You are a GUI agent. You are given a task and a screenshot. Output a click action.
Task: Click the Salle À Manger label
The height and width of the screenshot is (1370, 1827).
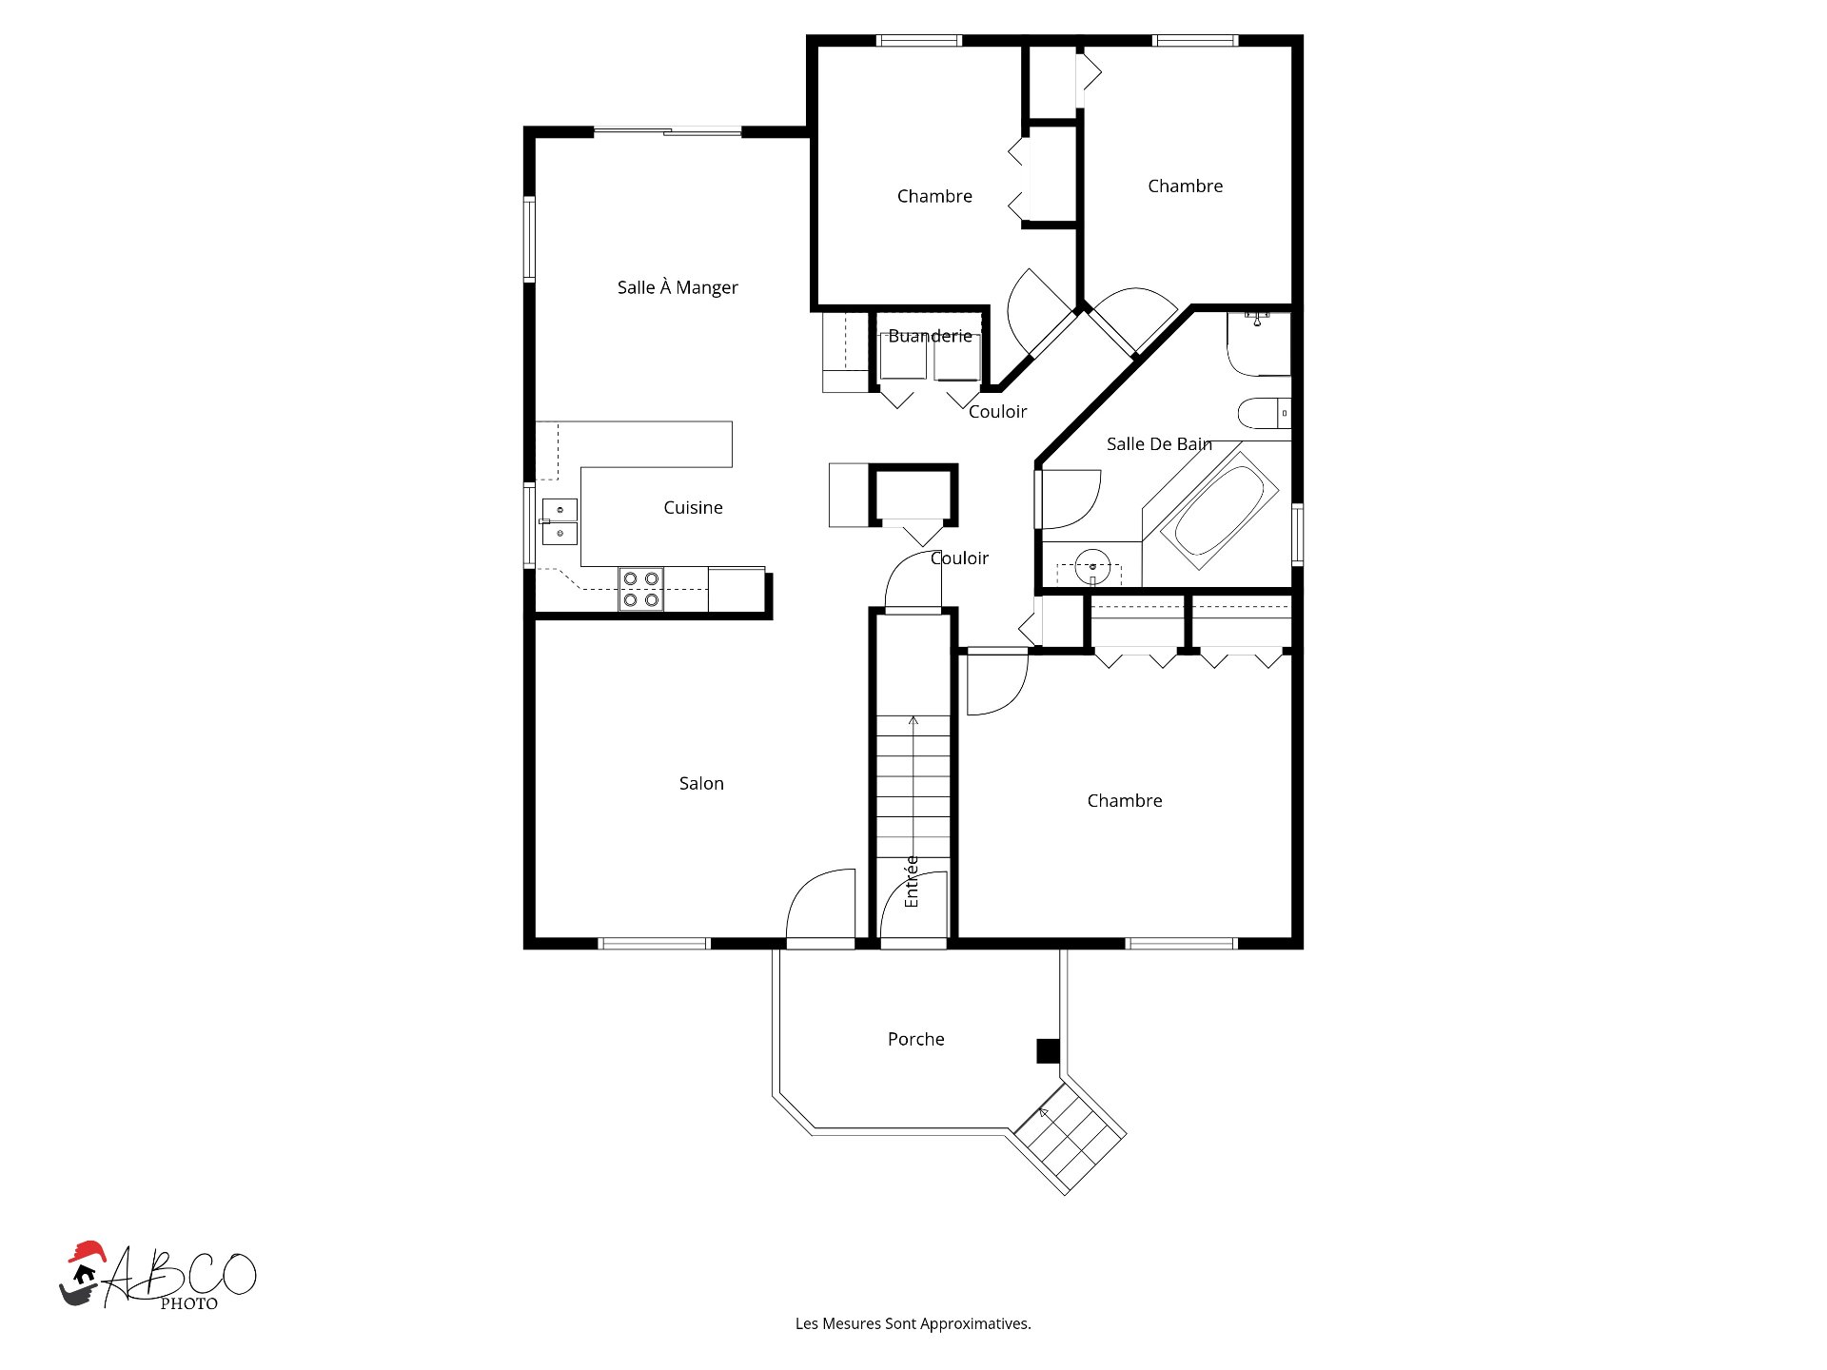point(678,287)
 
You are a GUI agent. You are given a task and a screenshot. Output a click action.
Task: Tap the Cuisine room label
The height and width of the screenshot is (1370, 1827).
point(693,508)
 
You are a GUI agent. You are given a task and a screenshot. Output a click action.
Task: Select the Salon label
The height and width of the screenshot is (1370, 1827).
point(701,784)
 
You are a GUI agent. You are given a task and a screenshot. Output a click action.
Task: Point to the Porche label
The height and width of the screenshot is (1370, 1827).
point(915,1040)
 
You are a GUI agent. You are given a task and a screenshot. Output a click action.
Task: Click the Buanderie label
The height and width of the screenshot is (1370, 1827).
point(930,336)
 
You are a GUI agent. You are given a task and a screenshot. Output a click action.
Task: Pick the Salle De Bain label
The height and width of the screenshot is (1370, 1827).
point(1159,444)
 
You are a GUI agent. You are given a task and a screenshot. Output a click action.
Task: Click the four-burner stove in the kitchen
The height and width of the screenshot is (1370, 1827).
point(641,589)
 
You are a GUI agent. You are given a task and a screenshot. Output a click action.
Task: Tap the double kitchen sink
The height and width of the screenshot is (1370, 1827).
point(560,521)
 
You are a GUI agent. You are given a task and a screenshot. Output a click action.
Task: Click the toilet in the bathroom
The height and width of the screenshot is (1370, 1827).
point(1262,414)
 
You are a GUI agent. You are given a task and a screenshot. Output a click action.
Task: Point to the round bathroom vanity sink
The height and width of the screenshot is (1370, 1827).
point(1092,566)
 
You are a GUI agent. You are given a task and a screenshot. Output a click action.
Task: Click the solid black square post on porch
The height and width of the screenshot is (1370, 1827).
point(1048,1051)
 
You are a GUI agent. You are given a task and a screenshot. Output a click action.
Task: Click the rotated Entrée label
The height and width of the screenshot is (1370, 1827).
point(912,881)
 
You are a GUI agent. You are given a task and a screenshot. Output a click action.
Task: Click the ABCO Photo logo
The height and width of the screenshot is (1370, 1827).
point(158,1278)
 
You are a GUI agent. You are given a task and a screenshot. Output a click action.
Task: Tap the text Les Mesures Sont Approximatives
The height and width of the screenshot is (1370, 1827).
point(913,1323)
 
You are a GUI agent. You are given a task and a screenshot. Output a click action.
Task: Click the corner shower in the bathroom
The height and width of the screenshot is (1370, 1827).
point(1258,344)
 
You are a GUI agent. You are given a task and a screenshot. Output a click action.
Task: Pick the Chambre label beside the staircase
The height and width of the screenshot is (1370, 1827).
point(1125,801)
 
